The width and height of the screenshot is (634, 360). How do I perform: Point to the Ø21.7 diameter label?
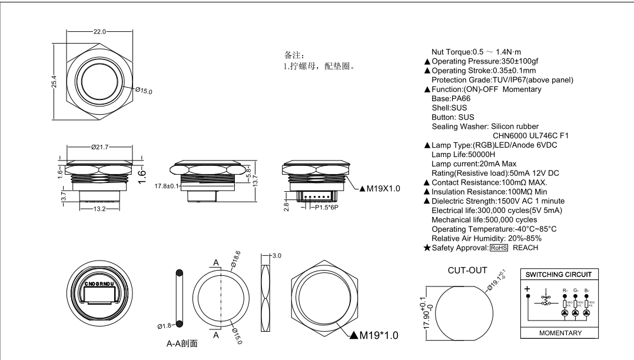[x=101, y=147]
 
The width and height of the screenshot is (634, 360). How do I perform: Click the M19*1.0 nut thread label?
[x=374, y=335]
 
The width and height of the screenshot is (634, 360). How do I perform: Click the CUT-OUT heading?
[x=467, y=271]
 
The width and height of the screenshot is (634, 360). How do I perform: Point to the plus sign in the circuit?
[x=527, y=289]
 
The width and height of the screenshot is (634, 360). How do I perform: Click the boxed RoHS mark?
[x=499, y=248]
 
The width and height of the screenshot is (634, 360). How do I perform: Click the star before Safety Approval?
[x=427, y=248]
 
